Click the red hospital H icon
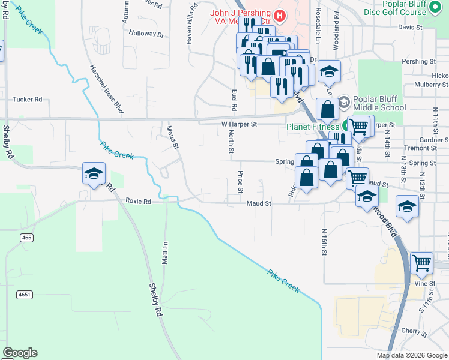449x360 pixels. point(279,14)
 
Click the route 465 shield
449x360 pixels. point(26,238)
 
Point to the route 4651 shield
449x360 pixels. point(25,295)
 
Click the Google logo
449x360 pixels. point(20,353)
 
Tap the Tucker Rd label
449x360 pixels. point(27,100)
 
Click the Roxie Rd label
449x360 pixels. point(138,202)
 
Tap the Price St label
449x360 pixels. point(240,181)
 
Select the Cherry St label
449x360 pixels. point(414,331)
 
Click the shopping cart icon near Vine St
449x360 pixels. point(422,262)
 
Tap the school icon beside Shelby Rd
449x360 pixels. point(94,174)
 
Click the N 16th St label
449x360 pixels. point(324,242)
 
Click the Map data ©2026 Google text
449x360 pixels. point(411,355)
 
